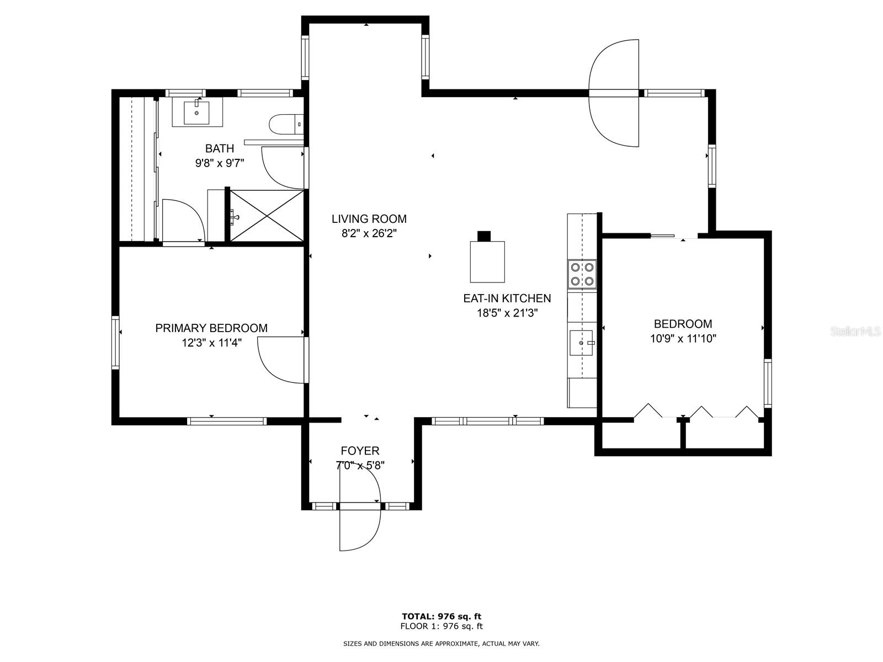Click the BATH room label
pos(219,148)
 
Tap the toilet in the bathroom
pos(286,125)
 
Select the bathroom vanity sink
pos(196,113)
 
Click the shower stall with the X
pos(267,216)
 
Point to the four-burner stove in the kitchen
pos(582,274)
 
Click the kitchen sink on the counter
pos(581,343)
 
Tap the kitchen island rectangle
pos(487,261)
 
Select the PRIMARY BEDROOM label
pos(211,328)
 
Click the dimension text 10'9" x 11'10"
pos(683,338)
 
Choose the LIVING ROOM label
pos(369,218)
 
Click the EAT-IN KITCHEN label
pos(507,298)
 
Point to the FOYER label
pos(360,451)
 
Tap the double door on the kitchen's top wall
pos(614,93)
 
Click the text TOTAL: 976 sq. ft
pos(441,616)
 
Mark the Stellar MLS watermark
pos(854,332)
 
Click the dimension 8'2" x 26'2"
pos(369,233)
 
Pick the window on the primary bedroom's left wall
pos(115,343)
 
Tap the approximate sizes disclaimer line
pos(441,644)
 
